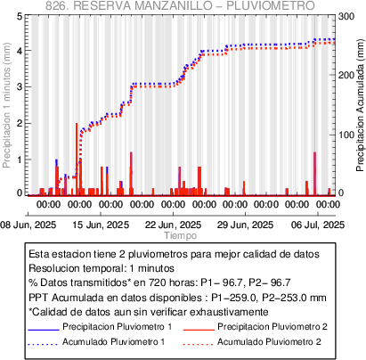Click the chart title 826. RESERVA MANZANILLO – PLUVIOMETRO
[x=180, y=5]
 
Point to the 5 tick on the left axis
[x=20, y=16]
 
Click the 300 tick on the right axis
[x=346, y=16]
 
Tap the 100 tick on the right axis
[x=346, y=135]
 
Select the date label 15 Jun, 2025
[x=101, y=225]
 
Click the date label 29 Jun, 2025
[x=245, y=225]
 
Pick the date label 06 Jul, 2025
[x=318, y=225]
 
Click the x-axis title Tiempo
[x=181, y=236]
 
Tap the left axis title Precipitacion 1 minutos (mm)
[x=7, y=105]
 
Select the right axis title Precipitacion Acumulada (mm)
[x=360, y=105]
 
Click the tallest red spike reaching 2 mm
[x=77, y=160]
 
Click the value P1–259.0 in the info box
[x=234, y=298]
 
